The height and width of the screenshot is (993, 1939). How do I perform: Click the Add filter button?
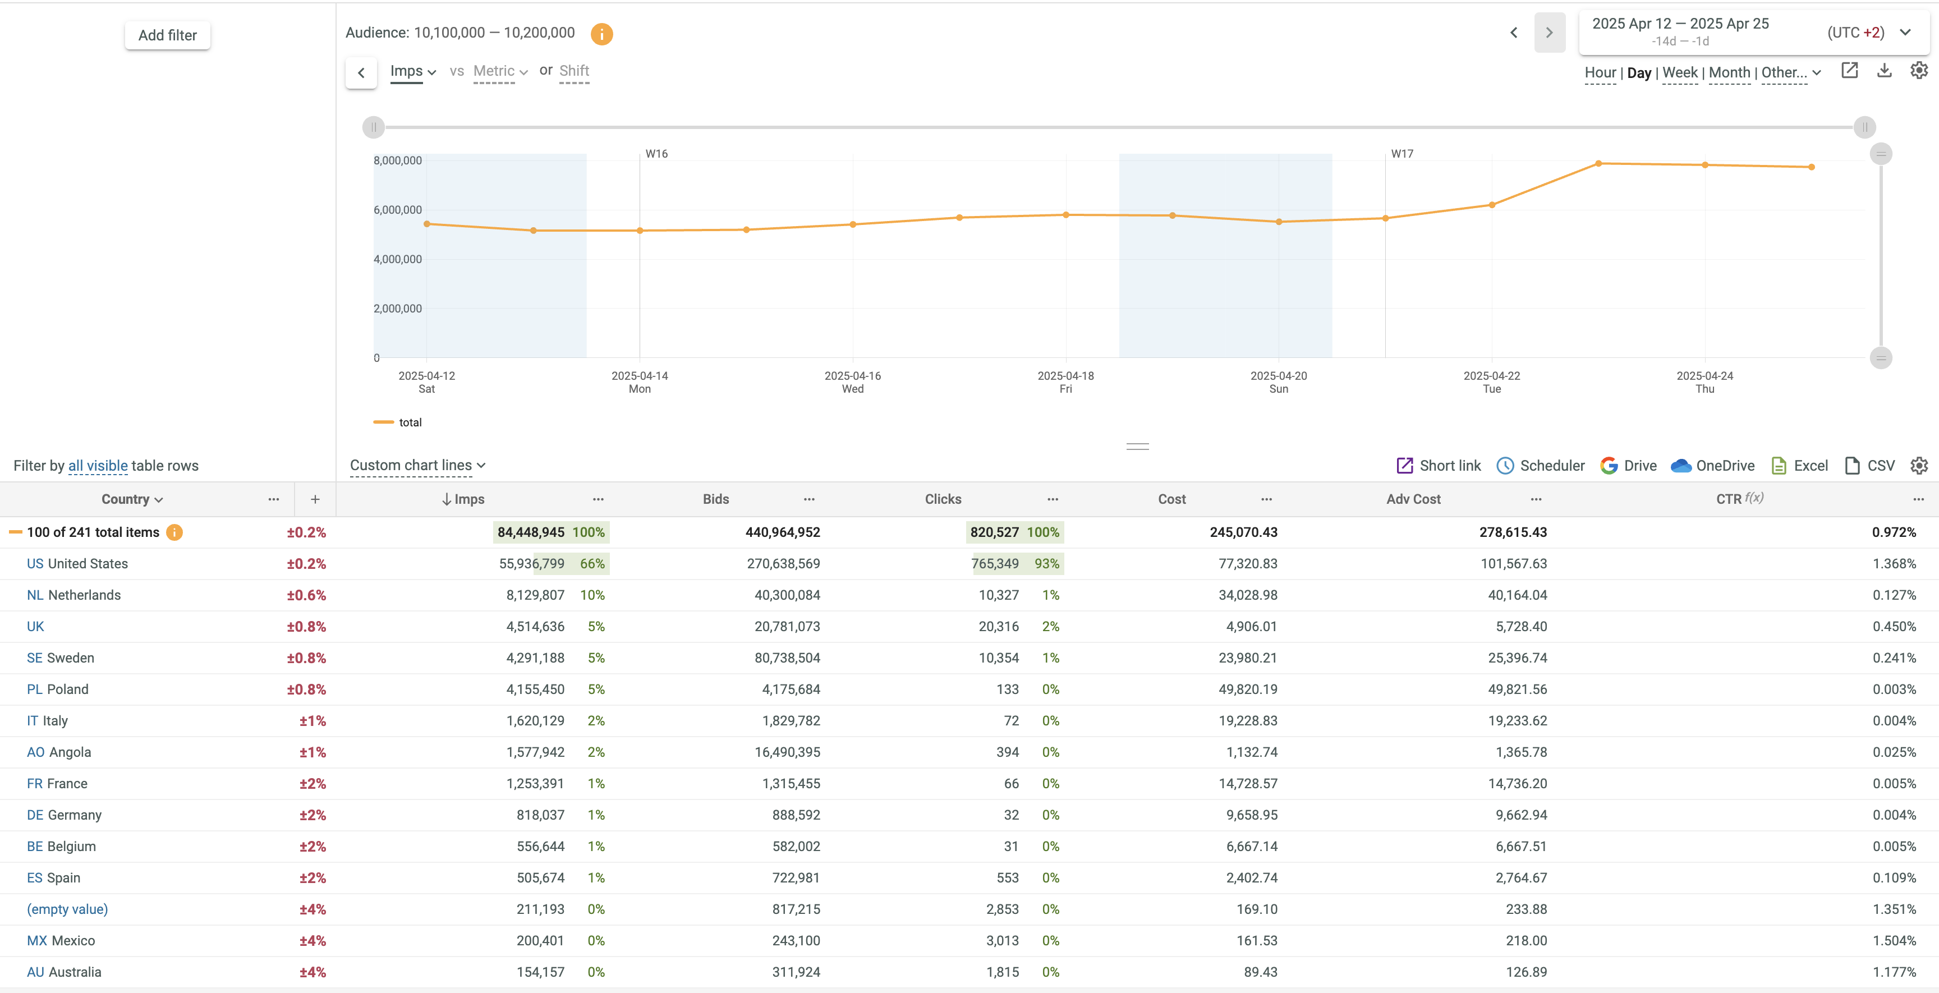[167, 35]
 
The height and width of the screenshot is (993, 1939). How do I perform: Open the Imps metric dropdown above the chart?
[412, 71]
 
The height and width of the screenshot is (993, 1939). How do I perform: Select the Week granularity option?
[1679, 73]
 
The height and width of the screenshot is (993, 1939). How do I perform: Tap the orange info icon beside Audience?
[601, 34]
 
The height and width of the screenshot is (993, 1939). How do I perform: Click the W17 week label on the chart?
[1402, 154]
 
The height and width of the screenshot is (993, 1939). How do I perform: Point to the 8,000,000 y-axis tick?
[397, 160]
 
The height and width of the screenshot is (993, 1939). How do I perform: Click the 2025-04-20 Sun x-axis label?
[1278, 381]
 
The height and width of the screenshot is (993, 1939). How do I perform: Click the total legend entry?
[410, 422]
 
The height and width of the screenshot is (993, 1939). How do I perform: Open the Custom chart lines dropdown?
[417, 465]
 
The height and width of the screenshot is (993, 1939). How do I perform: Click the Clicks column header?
[943, 499]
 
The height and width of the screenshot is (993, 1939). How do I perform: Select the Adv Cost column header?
[1413, 499]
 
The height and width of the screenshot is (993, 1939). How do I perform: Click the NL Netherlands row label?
[73, 595]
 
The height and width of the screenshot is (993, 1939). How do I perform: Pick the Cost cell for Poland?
[1247, 689]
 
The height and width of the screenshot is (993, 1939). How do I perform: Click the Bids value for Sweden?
[787, 658]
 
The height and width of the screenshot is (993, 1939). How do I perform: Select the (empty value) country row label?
[68, 909]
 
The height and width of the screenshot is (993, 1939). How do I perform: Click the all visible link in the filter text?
[98, 466]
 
